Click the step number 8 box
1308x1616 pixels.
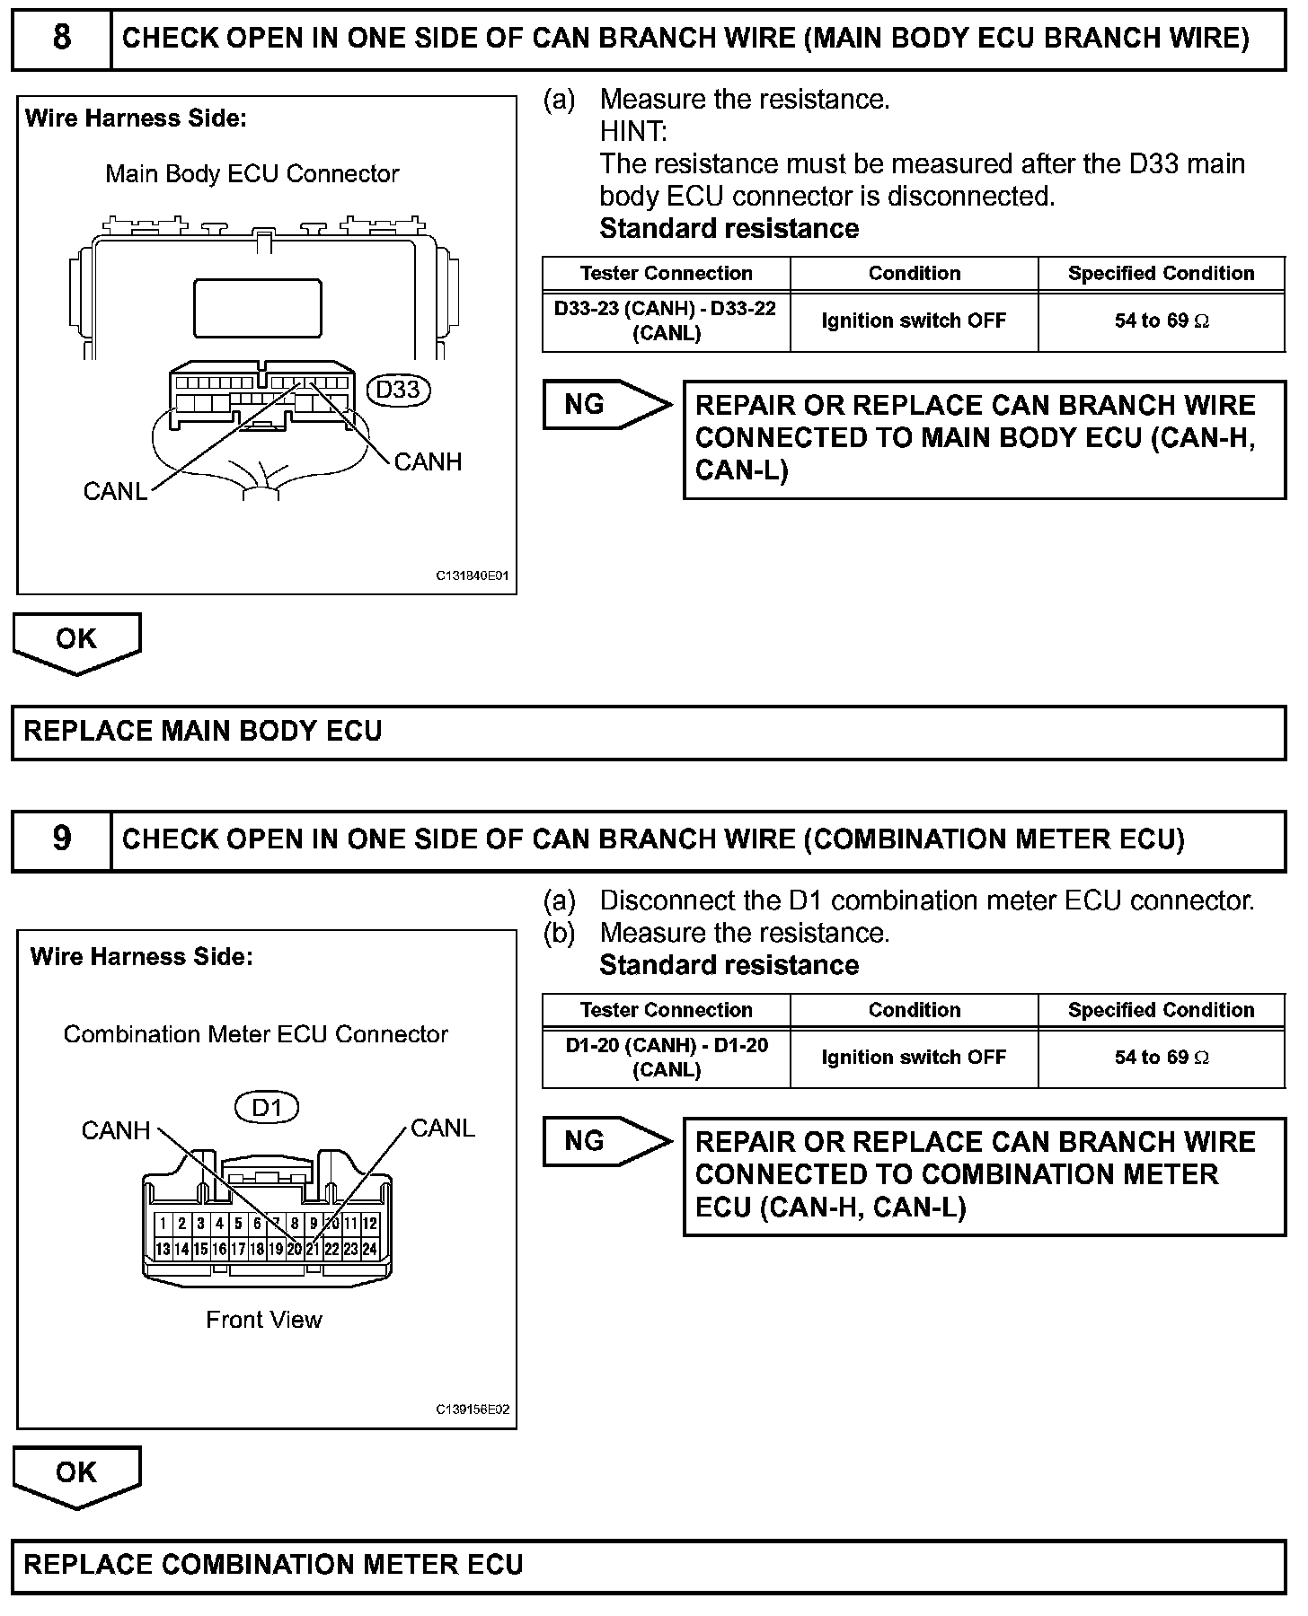pyautogui.click(x=61, y=39)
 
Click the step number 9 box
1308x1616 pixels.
pyautogui.click(x=61, y=839)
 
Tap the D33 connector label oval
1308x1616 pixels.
pyautogui.click(x=398, y=390)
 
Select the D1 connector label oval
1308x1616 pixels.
pyautogui.click(x=266, y=1107)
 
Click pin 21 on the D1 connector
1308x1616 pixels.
pyautogui.click(x=313, y=1249)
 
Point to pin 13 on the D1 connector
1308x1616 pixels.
pyautogui.click(x=163, y=1249)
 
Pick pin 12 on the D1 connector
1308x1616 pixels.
pyautogui.click(x=369, y=1223)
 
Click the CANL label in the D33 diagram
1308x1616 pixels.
pyautogui.click(x=115, y=491)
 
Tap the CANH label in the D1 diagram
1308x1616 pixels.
pyautogui.click(x=115, y=1130)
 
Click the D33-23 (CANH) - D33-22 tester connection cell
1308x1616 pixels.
pyautogui.click(x=666, y=321)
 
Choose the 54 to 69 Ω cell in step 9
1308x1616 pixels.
pyautogui.click(x=1162, y=1058)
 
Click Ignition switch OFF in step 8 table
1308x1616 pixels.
pyautogui.click(x=914, y=321)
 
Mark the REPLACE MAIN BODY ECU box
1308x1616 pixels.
pyautogui.click(x=649, y=732)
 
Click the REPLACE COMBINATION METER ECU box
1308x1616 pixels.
pyautogui.click(x=649, y=1565)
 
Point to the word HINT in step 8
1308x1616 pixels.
pyautogui.click(x=633, y=132)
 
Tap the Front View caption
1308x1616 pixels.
pyautogui.click(x=263, y=1320)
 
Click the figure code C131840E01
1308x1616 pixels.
pyautogui.click(x=473, y=575)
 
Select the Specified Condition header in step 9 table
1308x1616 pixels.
pyautogui.click(x=1161, y=1010)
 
